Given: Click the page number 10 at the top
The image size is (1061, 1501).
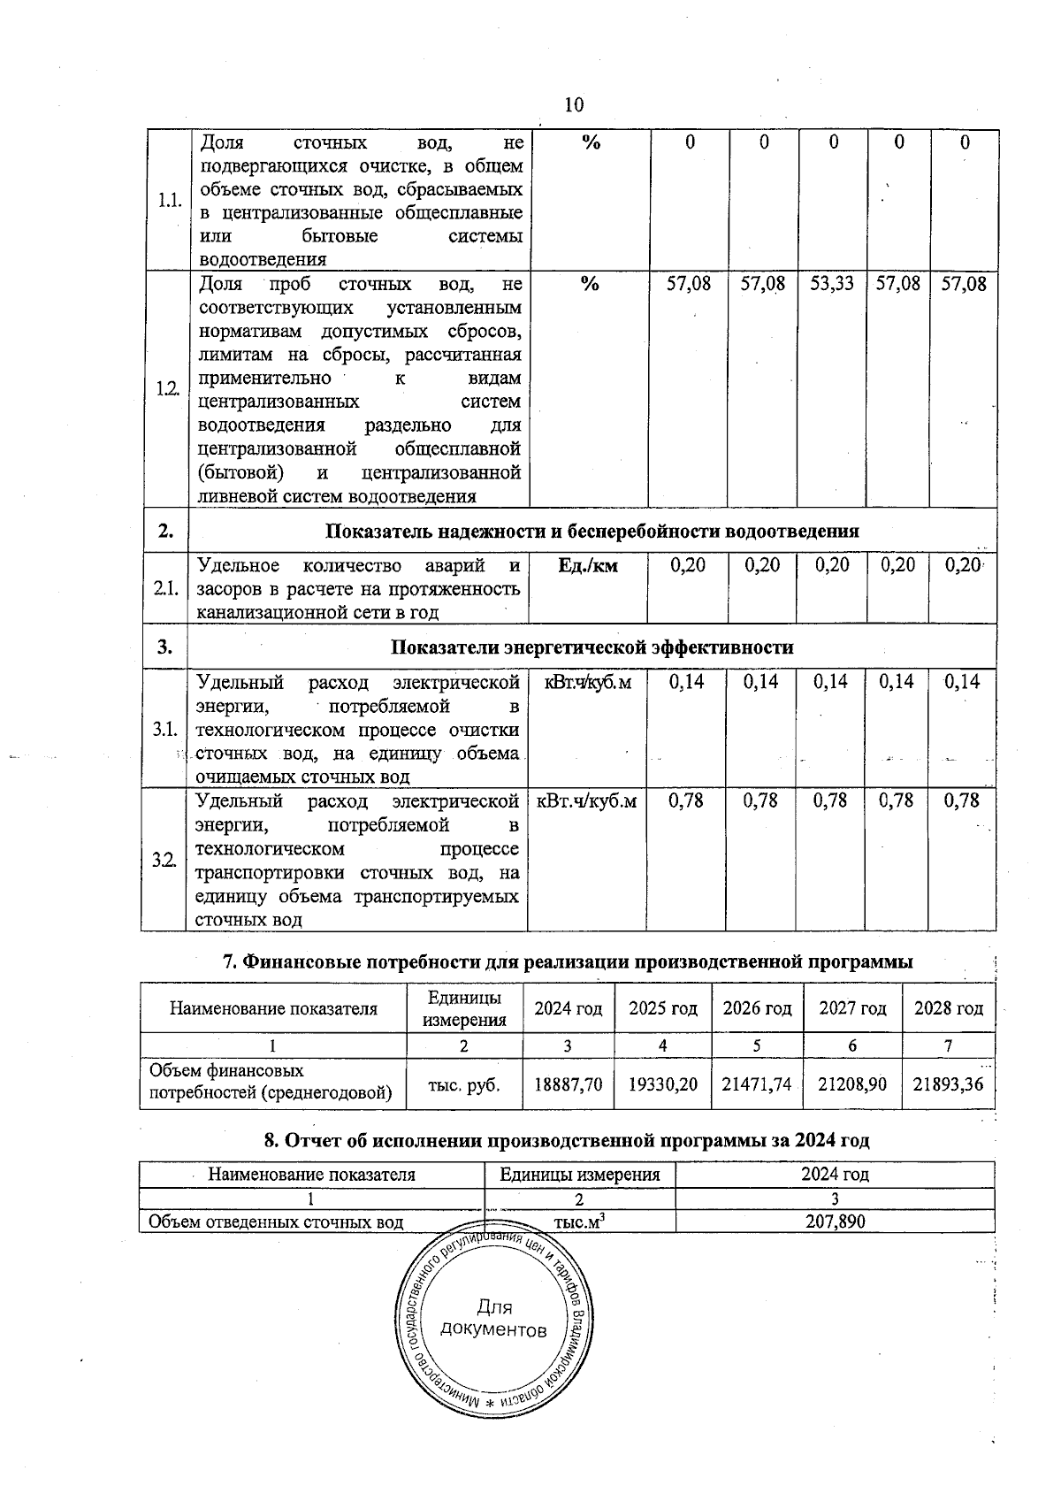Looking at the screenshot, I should (574, 105).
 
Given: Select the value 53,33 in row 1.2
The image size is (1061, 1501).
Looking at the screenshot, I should (831, 285).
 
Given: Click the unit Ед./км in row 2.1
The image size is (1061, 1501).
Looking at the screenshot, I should (589, 566).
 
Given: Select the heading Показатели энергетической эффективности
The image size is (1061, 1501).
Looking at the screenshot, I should (592, 647).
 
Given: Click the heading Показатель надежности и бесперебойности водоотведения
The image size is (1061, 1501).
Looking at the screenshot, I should (592, 532).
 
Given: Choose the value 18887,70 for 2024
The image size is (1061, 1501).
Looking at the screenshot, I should (567, 1084).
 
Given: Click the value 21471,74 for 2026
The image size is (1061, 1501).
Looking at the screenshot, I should (756, 1084).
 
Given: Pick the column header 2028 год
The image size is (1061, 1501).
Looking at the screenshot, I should (948, 1009).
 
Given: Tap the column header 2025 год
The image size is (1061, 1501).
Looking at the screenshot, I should (662, 1009).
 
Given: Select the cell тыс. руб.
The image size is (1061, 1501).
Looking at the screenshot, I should (463, 1084).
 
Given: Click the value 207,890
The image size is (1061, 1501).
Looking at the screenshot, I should (835, 1222).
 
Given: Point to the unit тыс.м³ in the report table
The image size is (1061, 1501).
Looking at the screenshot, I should (579, 1222).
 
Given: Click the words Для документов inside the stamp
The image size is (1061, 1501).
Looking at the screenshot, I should (493, 1319).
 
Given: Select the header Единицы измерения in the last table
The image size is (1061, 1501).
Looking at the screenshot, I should (579, 1175).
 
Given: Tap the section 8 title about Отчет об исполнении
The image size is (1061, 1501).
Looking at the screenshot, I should (567, 1141).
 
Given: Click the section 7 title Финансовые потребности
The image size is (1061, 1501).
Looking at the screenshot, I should (567, 961).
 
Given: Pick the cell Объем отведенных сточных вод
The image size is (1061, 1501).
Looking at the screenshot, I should (276, 1222).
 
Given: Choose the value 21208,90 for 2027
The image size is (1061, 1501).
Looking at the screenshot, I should (851, 1084).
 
